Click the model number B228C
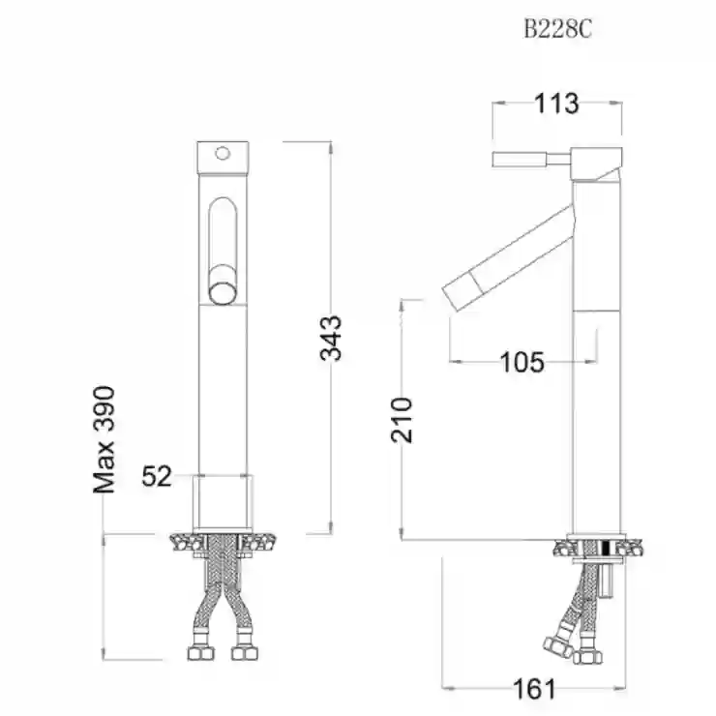pos(557,30)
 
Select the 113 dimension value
pos(556,104)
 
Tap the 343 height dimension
pos(331,338)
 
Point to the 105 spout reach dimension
pos(522,363)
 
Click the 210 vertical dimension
pos(402,420)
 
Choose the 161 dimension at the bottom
pos(535,689)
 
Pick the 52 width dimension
pos(157,476)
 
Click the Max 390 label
pos(104,439)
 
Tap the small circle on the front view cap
pos(223,154)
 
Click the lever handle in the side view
pos(531,160)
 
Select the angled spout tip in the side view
pos(462,290)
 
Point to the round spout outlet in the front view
pos(223,292)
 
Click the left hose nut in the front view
pos(200,653)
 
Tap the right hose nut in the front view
pos(245,653)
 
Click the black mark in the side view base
pos(608,548)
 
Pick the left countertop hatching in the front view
pos(187,544)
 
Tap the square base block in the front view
pos(223,503)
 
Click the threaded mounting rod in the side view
pos(607,579)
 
